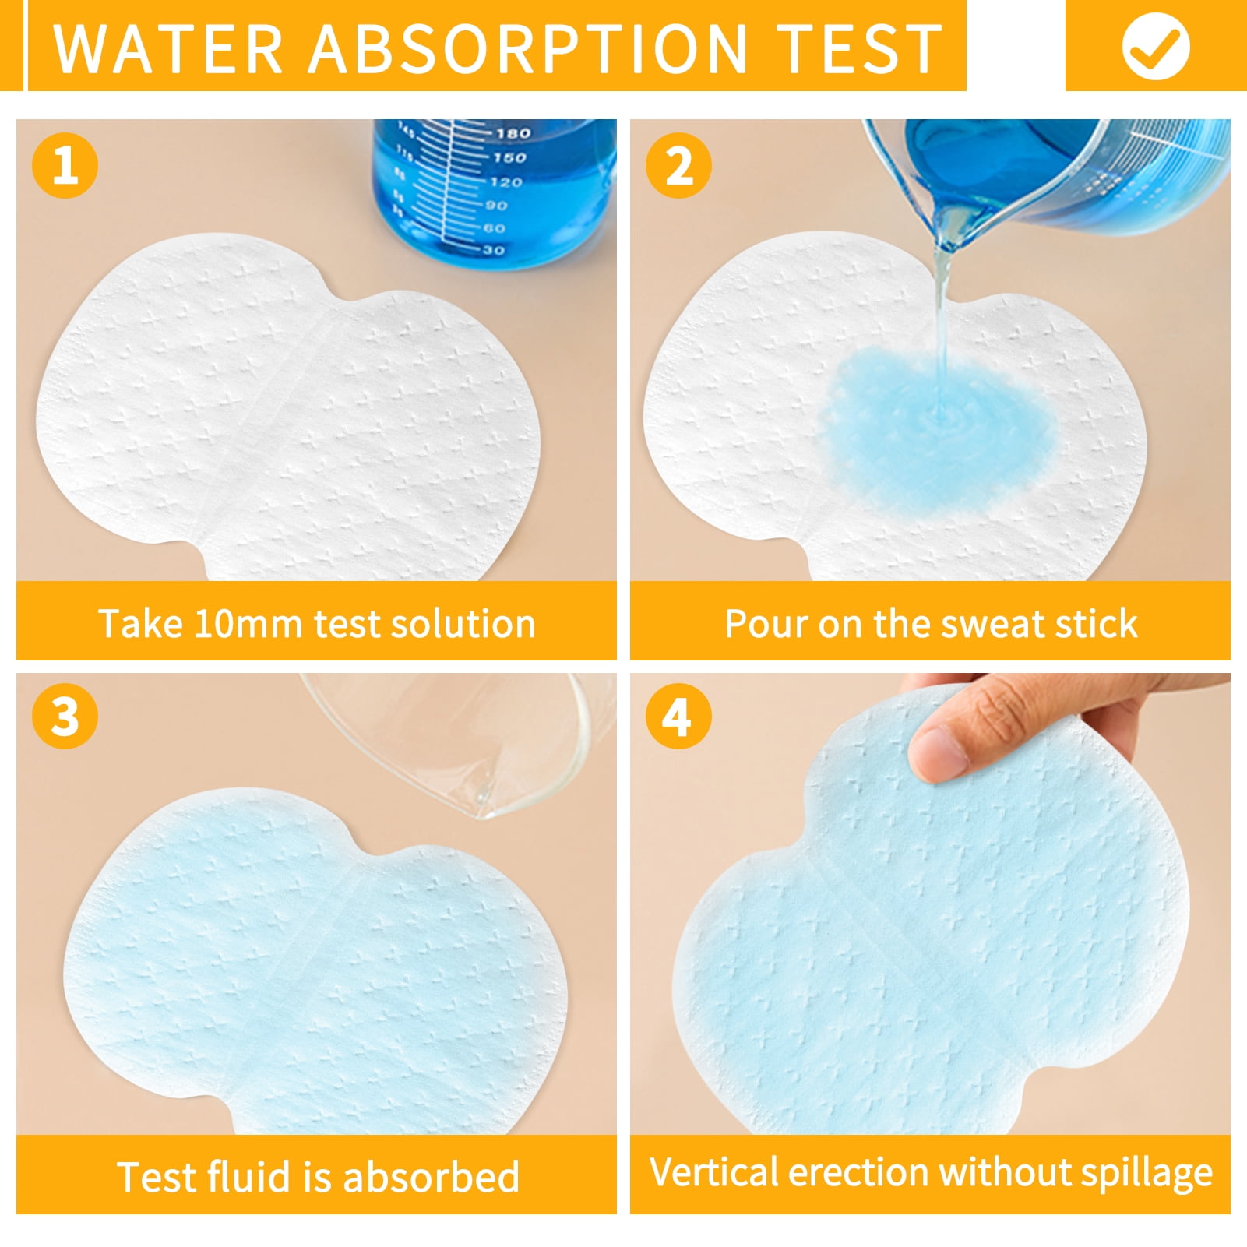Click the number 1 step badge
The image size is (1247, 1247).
click(x=65, y=165)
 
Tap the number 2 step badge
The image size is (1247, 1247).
click(x=678, y=165)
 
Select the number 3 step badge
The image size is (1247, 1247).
click(x=65, y=716)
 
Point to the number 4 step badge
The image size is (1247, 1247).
click(x=678, y=716)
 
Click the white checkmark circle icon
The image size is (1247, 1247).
click(x=1156, y=46)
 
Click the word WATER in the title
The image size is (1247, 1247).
click(x=168, y=48)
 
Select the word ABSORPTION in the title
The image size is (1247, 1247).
click(x=529, y=48)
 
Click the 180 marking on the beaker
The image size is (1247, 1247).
click(x=513, y=133)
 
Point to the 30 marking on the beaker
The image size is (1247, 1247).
click(x=494, y=250)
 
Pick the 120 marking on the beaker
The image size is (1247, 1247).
click(x=505, y=181)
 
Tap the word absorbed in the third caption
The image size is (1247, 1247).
click(x=431, y=1176)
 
